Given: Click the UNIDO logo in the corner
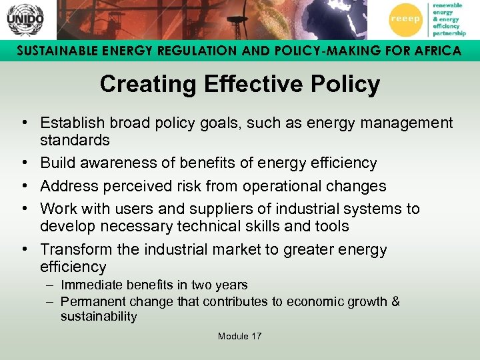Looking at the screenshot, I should [x=25, y=19].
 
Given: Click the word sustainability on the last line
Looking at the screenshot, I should [x=99, y=317].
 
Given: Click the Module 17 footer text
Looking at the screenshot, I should [x=239, y=336].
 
